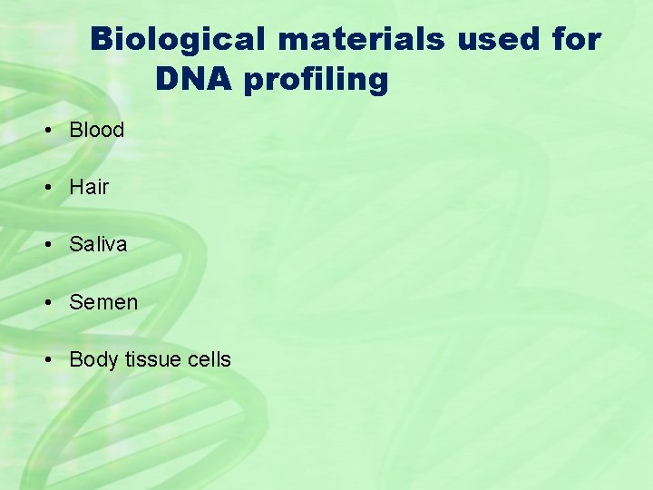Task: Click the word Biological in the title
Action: [x=179, y=40]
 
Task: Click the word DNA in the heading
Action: [x=186, y=80]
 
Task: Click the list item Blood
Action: [x=96, y=130]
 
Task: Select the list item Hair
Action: [x=89, y=187]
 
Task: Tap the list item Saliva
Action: [x=98, y=244]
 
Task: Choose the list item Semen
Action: [x=103, y=302]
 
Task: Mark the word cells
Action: [x=209, y=359]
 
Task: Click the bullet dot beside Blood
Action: [x=45, y=131]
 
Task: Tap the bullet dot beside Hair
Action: [x=45, y=188]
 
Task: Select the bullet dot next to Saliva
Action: [x=45, y=245]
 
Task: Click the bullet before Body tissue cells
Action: [x=45, y=360]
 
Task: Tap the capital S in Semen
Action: [x=76, y=302]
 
